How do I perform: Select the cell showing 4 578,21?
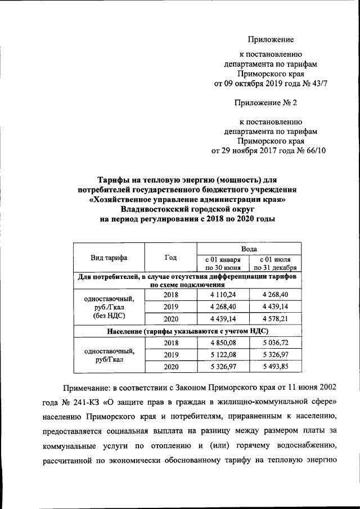pyautogui.click(x=275, y=319)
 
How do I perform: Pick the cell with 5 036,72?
pyautogui.click(x=275, y=343)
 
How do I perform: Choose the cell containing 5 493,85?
pyautogui.click(x=275, y=367)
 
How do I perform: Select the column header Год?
pyautogui.click(x=170, y=258)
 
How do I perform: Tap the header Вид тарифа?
pyautogui.click(x=109, y=258)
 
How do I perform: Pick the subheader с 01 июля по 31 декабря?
pyautogui.click(x=275, y=263)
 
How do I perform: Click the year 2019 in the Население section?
pyautogui.click(x=170, y=355)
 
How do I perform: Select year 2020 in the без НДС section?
pyautogui.click(x=170, y=319)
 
